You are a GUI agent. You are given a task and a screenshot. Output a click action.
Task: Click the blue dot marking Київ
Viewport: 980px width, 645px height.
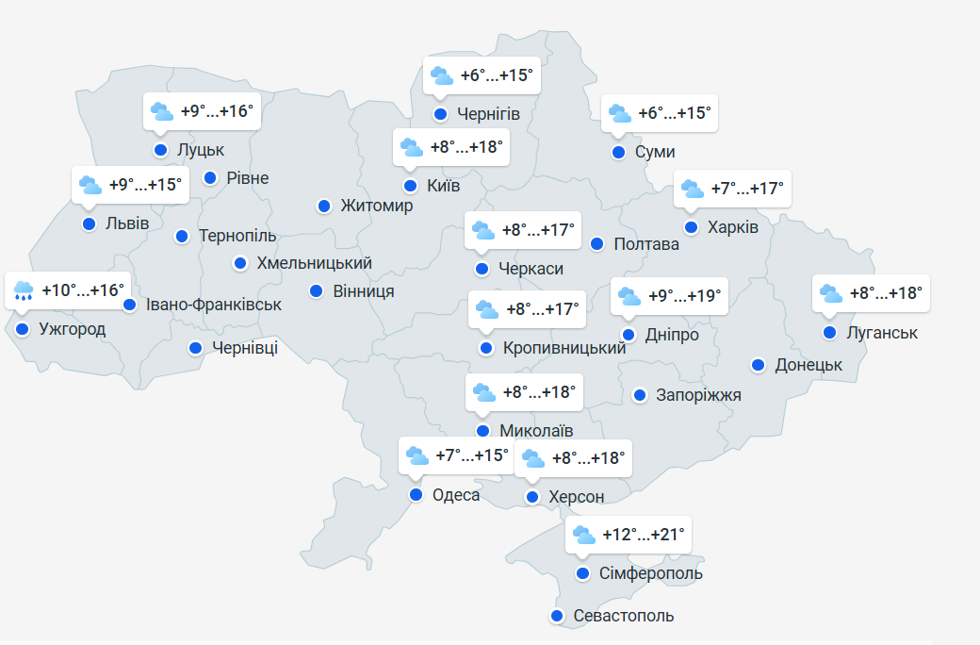click(410, 186)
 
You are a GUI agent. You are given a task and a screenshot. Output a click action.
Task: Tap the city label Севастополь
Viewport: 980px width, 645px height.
click(624, 616)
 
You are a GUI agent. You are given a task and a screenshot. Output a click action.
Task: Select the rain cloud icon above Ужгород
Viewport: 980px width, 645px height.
click(24, 290)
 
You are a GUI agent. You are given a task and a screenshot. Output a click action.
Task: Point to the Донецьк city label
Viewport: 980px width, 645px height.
click(808, 365)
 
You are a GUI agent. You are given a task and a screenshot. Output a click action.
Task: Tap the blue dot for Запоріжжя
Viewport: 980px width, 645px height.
click(640, 395)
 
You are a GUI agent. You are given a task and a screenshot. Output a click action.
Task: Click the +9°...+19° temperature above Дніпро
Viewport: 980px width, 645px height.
click(685, 296)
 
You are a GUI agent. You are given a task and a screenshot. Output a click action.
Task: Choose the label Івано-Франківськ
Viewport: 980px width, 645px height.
click(214, 305)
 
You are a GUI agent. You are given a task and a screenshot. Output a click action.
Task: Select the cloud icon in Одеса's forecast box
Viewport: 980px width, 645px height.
click(417, 456)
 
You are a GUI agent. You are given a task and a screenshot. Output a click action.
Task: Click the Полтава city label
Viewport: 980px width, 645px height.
click(646, 244)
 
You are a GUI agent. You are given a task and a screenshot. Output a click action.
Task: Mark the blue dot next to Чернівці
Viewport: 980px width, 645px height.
click(195, 348)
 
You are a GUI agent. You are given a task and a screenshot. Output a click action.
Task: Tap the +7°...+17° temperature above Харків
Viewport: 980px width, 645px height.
click(746, 189)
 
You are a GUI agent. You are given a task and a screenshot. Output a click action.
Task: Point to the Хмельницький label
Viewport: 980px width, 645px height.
click(314, 263)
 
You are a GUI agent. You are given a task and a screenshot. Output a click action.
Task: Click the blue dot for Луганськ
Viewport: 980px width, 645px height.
click(829, 333)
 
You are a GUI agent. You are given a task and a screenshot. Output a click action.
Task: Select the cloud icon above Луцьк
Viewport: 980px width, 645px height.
click(162, 111)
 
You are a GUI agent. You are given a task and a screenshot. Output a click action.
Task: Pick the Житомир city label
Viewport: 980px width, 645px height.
click(377, 206)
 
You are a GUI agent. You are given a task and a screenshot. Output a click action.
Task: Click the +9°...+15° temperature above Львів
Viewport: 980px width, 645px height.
click(144, 185)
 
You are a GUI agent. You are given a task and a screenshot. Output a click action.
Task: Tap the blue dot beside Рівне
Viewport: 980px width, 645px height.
click(210, 177)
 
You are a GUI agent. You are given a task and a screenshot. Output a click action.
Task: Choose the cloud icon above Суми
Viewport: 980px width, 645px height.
click(620, 113)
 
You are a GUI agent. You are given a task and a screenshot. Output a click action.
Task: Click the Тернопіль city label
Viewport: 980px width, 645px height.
click(237, 236)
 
